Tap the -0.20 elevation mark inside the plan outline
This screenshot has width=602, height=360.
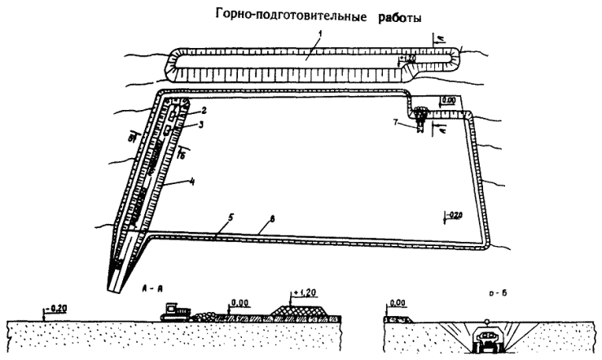(x=453, y=216)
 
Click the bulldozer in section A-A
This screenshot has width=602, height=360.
(x=178, y=310)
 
